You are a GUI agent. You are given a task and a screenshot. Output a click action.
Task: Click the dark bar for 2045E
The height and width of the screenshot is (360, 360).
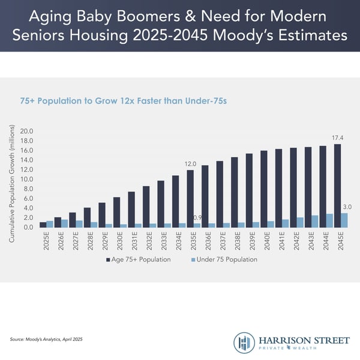(337, 186)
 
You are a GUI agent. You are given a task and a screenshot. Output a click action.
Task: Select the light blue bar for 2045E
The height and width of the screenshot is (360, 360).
(344, 220)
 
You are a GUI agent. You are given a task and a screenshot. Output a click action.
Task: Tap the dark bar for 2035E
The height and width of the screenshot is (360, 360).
(190, 199)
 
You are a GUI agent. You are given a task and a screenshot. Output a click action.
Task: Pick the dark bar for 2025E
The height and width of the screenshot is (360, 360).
(43, 225)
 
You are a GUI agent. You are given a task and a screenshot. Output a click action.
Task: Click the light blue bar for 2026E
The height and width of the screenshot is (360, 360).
(65, 223)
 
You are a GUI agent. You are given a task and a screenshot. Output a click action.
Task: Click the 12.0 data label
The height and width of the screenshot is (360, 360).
(190, 163)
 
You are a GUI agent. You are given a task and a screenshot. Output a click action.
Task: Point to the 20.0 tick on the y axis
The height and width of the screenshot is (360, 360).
(27, 131)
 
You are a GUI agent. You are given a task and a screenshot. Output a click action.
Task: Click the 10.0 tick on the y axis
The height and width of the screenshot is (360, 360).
(27, 179)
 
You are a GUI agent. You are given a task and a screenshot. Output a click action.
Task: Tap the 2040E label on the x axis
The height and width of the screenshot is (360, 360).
(264, 241)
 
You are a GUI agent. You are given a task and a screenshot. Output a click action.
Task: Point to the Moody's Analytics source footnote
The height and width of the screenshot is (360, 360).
(46, 340)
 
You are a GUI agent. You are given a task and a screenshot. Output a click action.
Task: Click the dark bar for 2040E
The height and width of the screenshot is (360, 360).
(263, 189)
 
